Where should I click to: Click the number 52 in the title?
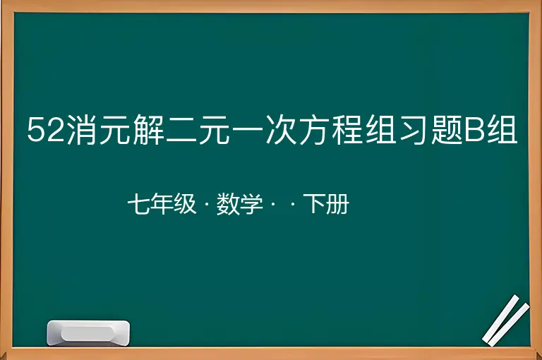(x=46, y=129)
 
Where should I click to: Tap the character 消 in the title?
(x=82, y=129)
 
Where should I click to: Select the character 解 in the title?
(x=148, y=129)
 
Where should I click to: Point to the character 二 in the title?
(x=181, y=130)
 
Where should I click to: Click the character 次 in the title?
(x=281, y=129)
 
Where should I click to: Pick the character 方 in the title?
(x=314, y=129)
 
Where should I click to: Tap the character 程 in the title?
(x=347, y=129)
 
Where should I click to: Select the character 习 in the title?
(x=414, y=129)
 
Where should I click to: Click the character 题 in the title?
(x=447, y=129)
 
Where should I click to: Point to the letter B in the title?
(x=474, y=129)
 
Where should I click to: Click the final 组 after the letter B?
(x=502, y=129)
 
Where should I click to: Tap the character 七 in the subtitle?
(x=138, y=204)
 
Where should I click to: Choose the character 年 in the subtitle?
(x=162, y=204)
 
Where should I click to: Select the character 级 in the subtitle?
(x=185, y=204)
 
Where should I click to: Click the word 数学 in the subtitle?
(x=239, y=204)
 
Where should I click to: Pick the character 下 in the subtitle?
(x=315, y=204)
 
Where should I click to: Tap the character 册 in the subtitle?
(x=337, y=204)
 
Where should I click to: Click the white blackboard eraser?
(x=88, y=333)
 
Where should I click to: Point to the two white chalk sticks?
(x=506, y=320)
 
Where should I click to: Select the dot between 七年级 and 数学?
(x=206, y=204)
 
